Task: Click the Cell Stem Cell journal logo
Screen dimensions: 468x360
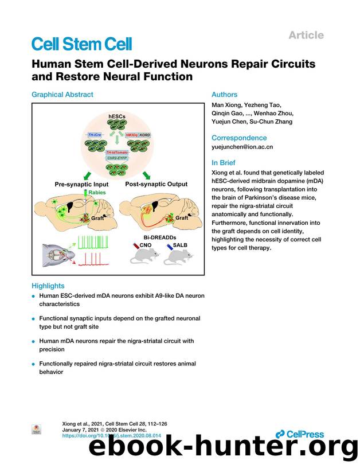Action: coord(81,44)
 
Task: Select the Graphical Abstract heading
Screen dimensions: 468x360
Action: coord(62,95)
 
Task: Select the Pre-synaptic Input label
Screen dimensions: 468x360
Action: coord(80,185)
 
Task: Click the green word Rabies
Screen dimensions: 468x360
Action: coord(98,193)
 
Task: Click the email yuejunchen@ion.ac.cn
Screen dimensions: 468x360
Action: coord(242,147)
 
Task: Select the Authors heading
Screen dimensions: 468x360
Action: coord(224,95)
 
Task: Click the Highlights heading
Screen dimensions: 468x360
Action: coord(48,286)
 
